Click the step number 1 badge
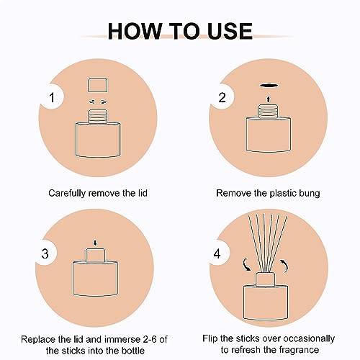pos(52,98)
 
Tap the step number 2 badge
pos(222,98)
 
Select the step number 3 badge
pos(45,253)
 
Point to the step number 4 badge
pos(217,253)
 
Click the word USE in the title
pos(230,31)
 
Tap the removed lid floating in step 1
pos(97,84)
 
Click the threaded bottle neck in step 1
pos(97,116)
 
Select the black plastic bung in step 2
pos(269,85)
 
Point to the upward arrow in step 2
pos(269,99)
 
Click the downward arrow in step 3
pos(95,243)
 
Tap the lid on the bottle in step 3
pos(95,255)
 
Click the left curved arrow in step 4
pos(246,264)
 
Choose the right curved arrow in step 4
pos(284,266)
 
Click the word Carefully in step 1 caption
pos(67,194)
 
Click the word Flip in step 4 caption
pos(210,339)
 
